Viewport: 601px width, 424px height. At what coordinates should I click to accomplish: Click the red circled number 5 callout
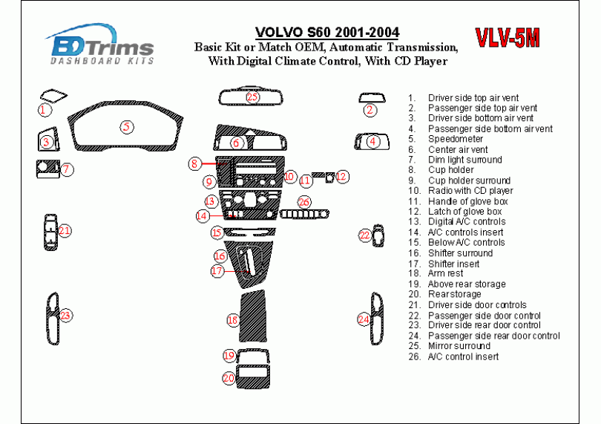click(x=127, y=127)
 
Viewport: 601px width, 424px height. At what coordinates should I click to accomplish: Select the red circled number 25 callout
click(x=252, y=97)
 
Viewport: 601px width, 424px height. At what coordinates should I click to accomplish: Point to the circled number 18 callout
click(x=232, y=320)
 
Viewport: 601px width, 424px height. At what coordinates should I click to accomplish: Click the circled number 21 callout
click(x=65, y=231)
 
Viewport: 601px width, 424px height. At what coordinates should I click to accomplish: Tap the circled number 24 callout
click(x=364, y=319)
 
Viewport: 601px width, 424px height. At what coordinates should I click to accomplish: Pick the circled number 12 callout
click(x=341, y=177)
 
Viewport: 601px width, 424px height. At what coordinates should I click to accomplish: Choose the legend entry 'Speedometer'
click(x=456, y=139)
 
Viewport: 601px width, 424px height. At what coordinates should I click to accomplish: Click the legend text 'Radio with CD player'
click(x=470, y=191)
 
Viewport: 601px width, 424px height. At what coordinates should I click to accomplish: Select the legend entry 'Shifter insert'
click(x=453, y=264)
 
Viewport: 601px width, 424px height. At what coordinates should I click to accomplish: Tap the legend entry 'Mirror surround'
click(x=459, y=346)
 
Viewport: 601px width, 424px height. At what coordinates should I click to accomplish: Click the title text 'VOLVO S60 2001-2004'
click(x=326, y=33)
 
